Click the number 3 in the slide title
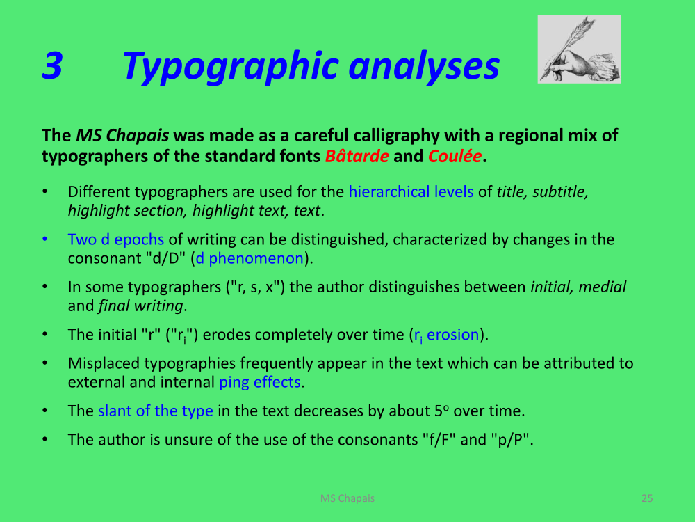(52, 65)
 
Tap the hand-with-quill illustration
(579, 49)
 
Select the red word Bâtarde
(357, 156)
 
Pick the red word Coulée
(455, 156)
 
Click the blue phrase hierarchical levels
(411, 192)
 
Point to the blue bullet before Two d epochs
(44, 239)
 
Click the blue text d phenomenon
(250, 258)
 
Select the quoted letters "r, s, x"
(255, 287)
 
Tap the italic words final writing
(140, 306)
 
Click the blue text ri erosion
(446, 335)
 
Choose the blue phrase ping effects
(260, 382)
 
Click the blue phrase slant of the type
(155, 411)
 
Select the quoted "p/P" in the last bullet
(509, 440)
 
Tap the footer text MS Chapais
(347, 498)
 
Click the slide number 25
(647, 498)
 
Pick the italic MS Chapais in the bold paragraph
(122, 136)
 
